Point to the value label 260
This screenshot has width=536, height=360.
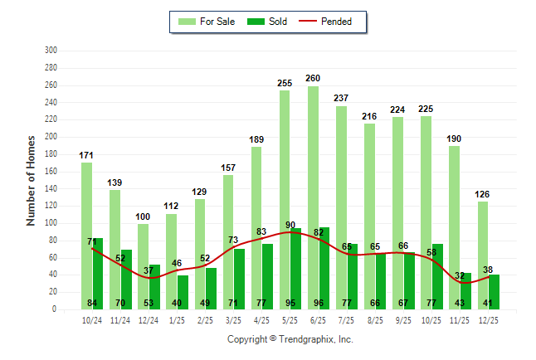[313, 79]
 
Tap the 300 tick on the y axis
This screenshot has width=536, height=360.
[51, 51]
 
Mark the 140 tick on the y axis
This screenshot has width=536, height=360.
[51, 188]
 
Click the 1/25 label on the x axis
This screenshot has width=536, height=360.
[177, 319]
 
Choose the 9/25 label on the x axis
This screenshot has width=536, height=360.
[403, 319]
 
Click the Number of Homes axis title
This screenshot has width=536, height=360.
[32, 181]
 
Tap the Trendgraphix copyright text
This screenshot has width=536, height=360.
[290, 339]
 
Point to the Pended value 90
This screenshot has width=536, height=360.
[290, 225]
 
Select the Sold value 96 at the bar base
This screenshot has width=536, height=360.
[324, 303]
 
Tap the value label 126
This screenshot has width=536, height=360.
[482, 194]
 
